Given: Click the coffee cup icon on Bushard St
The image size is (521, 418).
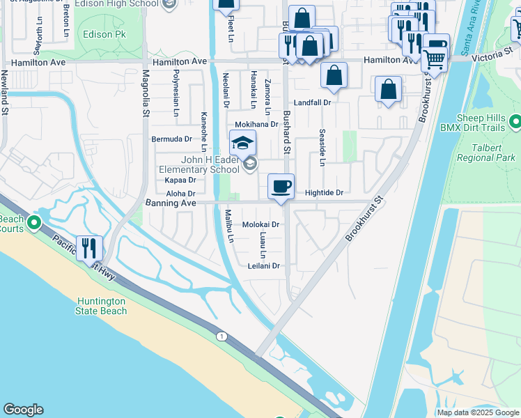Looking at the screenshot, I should tap(281, 187).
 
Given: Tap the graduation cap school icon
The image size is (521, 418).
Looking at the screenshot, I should tap(242, 144).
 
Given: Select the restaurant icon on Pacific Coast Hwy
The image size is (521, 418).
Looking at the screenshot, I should tap(89, 247).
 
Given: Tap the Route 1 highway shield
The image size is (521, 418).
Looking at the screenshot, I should tap(221, 336).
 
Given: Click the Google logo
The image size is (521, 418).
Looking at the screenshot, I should tap(23, 410).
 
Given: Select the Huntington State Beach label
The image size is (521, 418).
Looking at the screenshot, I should tap(102, 306).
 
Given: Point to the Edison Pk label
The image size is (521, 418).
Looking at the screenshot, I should tap(102, 33).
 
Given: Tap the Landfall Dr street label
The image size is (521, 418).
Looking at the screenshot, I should tap(311, 102).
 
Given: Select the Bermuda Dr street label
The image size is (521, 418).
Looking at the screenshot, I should tap(171, 139).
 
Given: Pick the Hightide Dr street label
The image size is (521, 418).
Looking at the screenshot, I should tap(325, 192).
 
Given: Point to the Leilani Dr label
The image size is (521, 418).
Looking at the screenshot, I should tap(263, 265).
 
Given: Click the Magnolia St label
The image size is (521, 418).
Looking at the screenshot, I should tap(146, 91).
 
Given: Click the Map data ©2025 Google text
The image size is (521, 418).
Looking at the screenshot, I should tap(478, 412).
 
